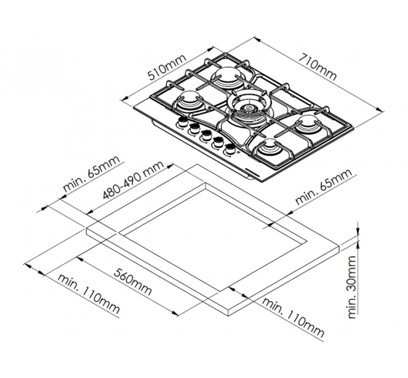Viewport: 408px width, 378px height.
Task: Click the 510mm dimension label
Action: coord(167,67)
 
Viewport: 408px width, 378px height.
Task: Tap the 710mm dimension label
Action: coord(317,67)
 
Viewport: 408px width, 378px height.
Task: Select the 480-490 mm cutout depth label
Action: coord(133,179)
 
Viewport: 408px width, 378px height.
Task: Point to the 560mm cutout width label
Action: coord(133,282)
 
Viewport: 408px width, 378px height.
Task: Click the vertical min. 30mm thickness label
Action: coord(352,287)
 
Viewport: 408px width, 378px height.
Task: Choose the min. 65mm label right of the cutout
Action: coord(323,186)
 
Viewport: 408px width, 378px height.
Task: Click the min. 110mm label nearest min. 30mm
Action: coord(293,317)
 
